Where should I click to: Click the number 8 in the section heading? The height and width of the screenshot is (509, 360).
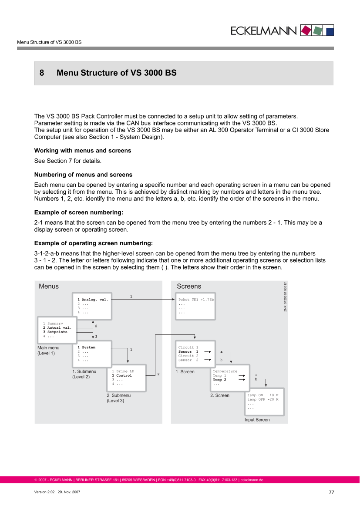pyautogui.click(x=42, y=73)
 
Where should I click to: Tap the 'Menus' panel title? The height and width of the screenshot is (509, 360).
pyautogui.click(x=49, y=286)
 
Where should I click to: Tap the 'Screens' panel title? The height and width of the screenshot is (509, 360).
pyautogui.click(x=189, y=286)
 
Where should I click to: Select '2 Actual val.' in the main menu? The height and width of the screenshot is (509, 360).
pyautogui.click(x=57, y=327)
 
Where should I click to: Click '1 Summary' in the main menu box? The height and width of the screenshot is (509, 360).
pyautogui.click(x=53, y=324)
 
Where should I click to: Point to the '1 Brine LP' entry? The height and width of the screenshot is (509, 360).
pyautogui.click(x=123, y=371)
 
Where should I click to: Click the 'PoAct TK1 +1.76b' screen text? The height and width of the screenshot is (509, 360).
pyautogui.click(x=196, y=300)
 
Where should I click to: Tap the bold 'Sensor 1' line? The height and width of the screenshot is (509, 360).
pyautogui.click(x=188, y=351)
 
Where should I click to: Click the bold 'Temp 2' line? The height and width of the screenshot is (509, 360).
pyautogui.click(x=219, y=380)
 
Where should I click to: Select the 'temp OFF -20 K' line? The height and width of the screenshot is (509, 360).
pyautogui.click(x=263, y=399)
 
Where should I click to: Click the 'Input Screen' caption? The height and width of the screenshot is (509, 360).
pyautogui.click(x=257, y=420)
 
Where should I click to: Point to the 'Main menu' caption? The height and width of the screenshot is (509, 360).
pyautogui.click(x=48, y=348)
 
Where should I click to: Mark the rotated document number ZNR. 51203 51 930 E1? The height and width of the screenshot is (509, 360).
pyautogui.click(x=285, y=296)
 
